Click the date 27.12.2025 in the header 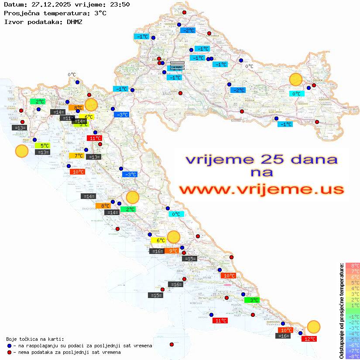(x=49, y=4)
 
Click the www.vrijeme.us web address (x=261, y=189)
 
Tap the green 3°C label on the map (x=252, y=300)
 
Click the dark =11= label (x=67, y=118)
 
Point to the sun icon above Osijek (x=296, y=80)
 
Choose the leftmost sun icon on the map (x=21, y=151)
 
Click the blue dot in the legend (x=10, y=346)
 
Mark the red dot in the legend (x=10, y=352)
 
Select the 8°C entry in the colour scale (x=353, y=265)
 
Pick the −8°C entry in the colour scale (x=353, y=356)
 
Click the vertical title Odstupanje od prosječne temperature (x=342, y=311)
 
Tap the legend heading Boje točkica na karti (x=35, y=339)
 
